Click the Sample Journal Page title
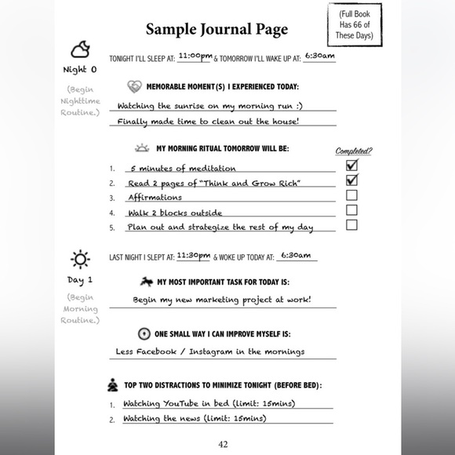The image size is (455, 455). [x=217, y=30]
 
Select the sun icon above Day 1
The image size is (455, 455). [x=79, y=259]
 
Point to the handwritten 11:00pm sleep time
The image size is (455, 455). [x=195, y=56]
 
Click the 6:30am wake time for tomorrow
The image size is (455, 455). [x=319, y=56]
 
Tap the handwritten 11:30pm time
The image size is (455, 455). [x=193, y=255]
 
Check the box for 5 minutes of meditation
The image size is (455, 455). [x=351, y=166]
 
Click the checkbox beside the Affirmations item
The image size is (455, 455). [x=351, y=195]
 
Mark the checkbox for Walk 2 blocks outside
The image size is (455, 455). [x=351, y=210]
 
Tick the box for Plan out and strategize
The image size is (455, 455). [x=351, y=225]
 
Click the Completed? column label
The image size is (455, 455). [x=354, y=151]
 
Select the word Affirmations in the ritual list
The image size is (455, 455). [x=155, y=198]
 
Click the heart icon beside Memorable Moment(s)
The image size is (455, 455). [x=134, y=86]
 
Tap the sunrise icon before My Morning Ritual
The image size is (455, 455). [x=142, y=147]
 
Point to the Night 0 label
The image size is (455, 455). [x=80, y=70]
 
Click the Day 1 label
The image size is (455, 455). [x=80, y=279]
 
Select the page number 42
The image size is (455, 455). [x=223, y=444]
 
